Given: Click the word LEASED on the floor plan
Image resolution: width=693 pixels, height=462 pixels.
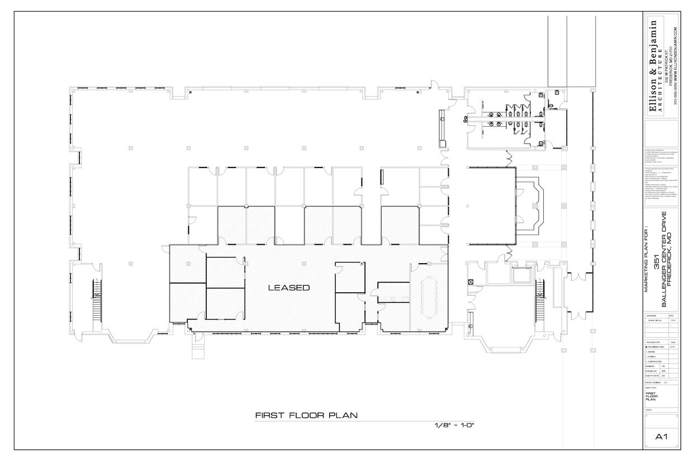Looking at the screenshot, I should (288, 288).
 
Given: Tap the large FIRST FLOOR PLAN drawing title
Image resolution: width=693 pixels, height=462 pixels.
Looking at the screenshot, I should (306, 415).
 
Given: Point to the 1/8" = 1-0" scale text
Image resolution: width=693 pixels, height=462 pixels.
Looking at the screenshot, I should (454, 426).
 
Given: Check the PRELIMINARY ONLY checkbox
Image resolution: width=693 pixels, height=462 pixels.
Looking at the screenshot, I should (647, 347).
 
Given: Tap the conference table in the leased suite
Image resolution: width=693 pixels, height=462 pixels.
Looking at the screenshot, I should (430, 298).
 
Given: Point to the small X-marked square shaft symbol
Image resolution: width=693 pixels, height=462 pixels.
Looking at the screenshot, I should (471, 282).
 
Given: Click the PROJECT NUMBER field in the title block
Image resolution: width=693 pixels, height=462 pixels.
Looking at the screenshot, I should (654, 383).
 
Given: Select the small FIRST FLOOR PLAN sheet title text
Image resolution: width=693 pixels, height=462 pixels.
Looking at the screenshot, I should (650, 396).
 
